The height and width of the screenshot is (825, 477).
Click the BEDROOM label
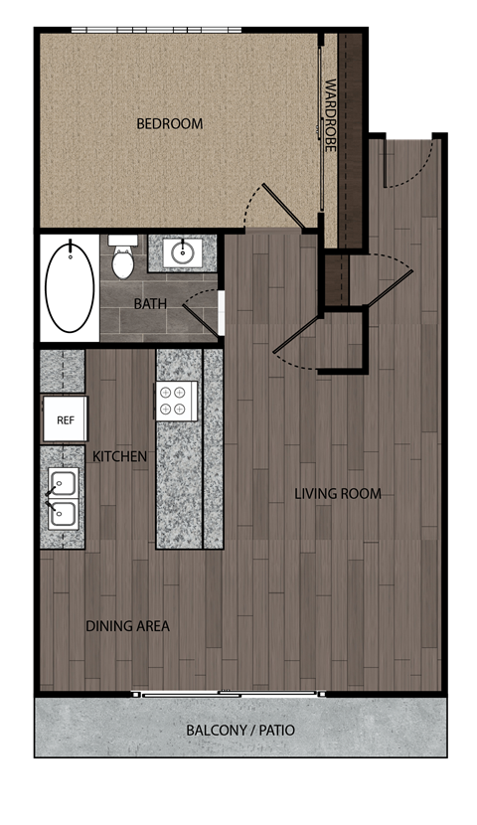click(x=169, y=124)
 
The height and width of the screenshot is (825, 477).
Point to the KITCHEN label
click(x=120, y=456)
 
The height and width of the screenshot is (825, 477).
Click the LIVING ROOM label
click(x=338, y=494)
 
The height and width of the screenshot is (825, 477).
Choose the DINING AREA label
click(x=127, y=626)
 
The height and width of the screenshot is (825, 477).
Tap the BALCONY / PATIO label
click(x=240, y=731)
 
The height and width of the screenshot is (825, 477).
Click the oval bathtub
click(x=70, y=286)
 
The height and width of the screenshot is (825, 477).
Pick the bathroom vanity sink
click(x=182, y=252)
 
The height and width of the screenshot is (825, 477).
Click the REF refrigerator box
click(x=66, y=419)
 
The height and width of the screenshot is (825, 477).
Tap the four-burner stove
click(x=175, y=400)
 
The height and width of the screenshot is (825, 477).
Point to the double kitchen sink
click(x=63, y=499)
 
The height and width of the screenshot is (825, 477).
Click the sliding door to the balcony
click(x=229, y=693)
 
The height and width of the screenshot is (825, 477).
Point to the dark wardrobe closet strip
click(x=350, y=139)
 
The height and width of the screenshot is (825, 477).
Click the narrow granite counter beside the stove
click(x=213, y=447)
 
